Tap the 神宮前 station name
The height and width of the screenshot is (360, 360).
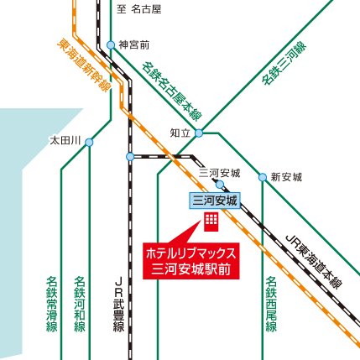133,44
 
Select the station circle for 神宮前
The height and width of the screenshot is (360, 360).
111,44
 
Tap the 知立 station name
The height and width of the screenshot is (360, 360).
180,133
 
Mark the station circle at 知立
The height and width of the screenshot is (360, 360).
199,133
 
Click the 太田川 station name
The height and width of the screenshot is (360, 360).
65,141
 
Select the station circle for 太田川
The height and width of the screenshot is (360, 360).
89,142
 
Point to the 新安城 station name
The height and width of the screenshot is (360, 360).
285,177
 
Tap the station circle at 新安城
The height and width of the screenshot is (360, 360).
263,178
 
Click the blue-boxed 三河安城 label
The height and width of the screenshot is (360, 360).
216,201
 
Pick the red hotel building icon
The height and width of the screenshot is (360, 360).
211,222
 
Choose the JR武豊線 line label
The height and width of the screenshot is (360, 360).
118,305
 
